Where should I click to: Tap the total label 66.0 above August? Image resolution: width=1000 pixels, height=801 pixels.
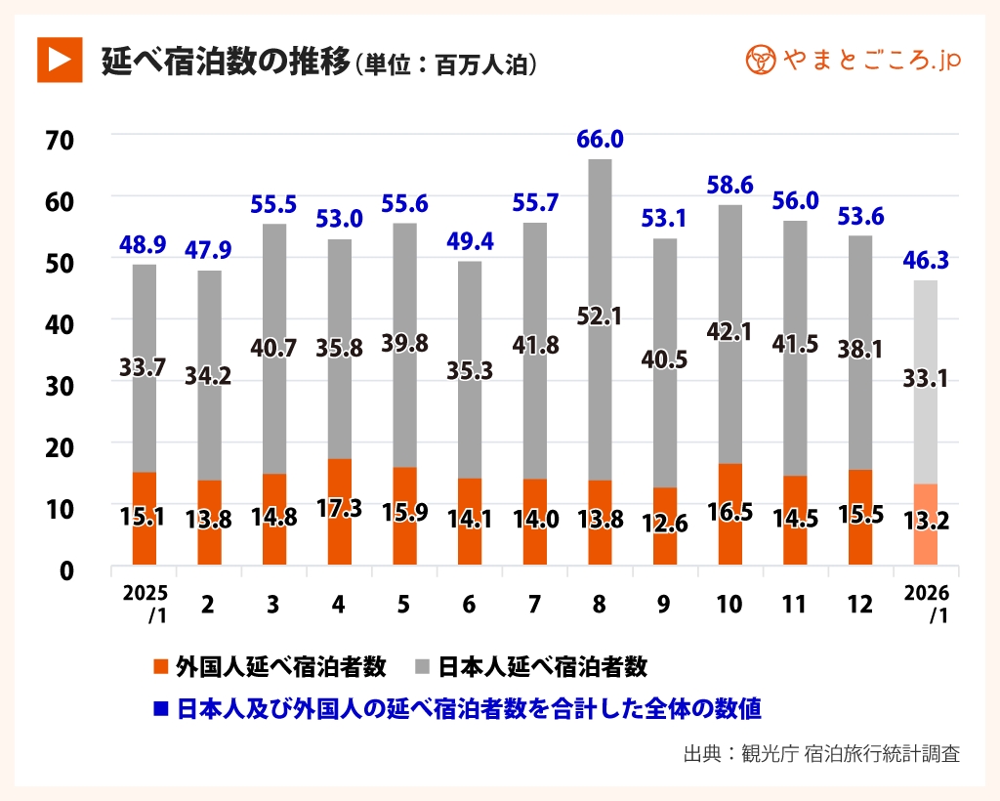coord(600,140)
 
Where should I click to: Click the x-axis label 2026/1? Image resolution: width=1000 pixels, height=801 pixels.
coord(926,605)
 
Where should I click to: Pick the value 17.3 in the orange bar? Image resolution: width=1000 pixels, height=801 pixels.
coord(339,509)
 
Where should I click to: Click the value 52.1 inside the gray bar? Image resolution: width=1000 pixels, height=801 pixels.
coord(600,316)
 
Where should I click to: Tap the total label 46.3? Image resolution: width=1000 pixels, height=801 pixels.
coord(926,261)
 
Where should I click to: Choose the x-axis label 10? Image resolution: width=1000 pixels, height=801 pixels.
coord(729,605)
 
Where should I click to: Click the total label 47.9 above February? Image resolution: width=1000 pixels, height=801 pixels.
coord(209,251)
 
